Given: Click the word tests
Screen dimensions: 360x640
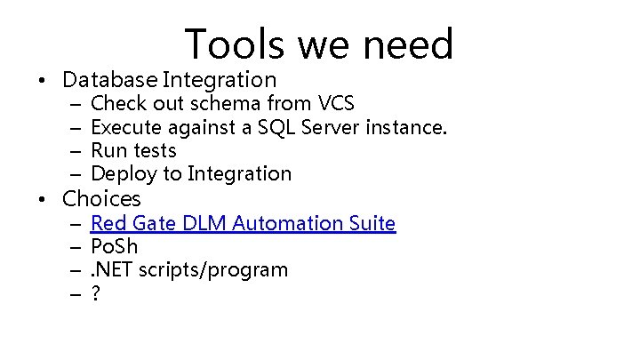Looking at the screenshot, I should pos(155,151).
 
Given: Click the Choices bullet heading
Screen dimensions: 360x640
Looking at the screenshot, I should pos(101,198).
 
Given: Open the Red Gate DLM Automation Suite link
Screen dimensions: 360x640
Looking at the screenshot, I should pos(243,223).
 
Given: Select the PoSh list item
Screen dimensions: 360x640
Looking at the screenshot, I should pos(114,246).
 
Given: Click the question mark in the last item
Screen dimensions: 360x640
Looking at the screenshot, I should pos(96,292).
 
